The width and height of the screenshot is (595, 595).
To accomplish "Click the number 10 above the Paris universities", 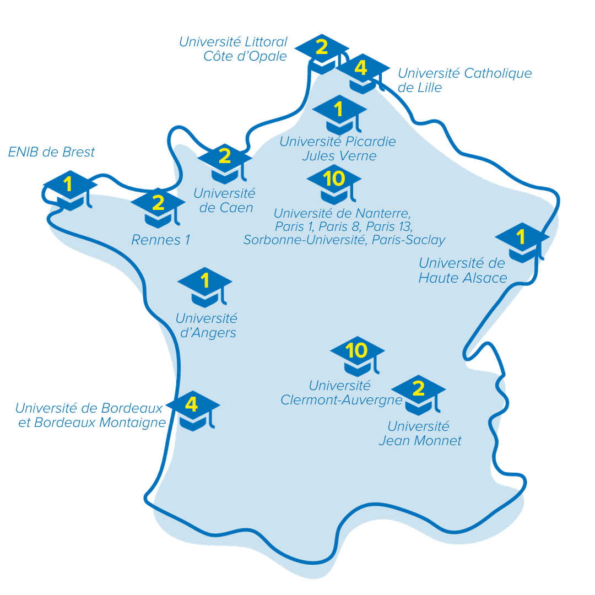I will click(334, 178).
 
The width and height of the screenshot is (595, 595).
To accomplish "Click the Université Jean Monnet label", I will click(420, 434).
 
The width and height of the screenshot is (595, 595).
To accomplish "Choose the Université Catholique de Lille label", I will click(464, 80).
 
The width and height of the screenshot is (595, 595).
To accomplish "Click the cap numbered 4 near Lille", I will click(361, 72).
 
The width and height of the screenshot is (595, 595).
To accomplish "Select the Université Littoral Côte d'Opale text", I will click(233, 49).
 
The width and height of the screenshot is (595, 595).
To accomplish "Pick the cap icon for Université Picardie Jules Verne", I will click(339, 112).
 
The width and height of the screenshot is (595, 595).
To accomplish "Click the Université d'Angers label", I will click(206, 326).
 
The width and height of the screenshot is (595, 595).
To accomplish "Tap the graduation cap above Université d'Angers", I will click(205, 285).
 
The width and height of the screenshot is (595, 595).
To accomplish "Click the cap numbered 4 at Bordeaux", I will click(192, 409).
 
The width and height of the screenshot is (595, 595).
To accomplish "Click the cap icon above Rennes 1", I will click(158, 207).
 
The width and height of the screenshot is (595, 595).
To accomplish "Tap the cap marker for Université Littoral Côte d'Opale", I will click(322, 51).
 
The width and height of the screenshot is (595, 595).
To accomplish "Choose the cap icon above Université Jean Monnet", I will click(418, 392).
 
